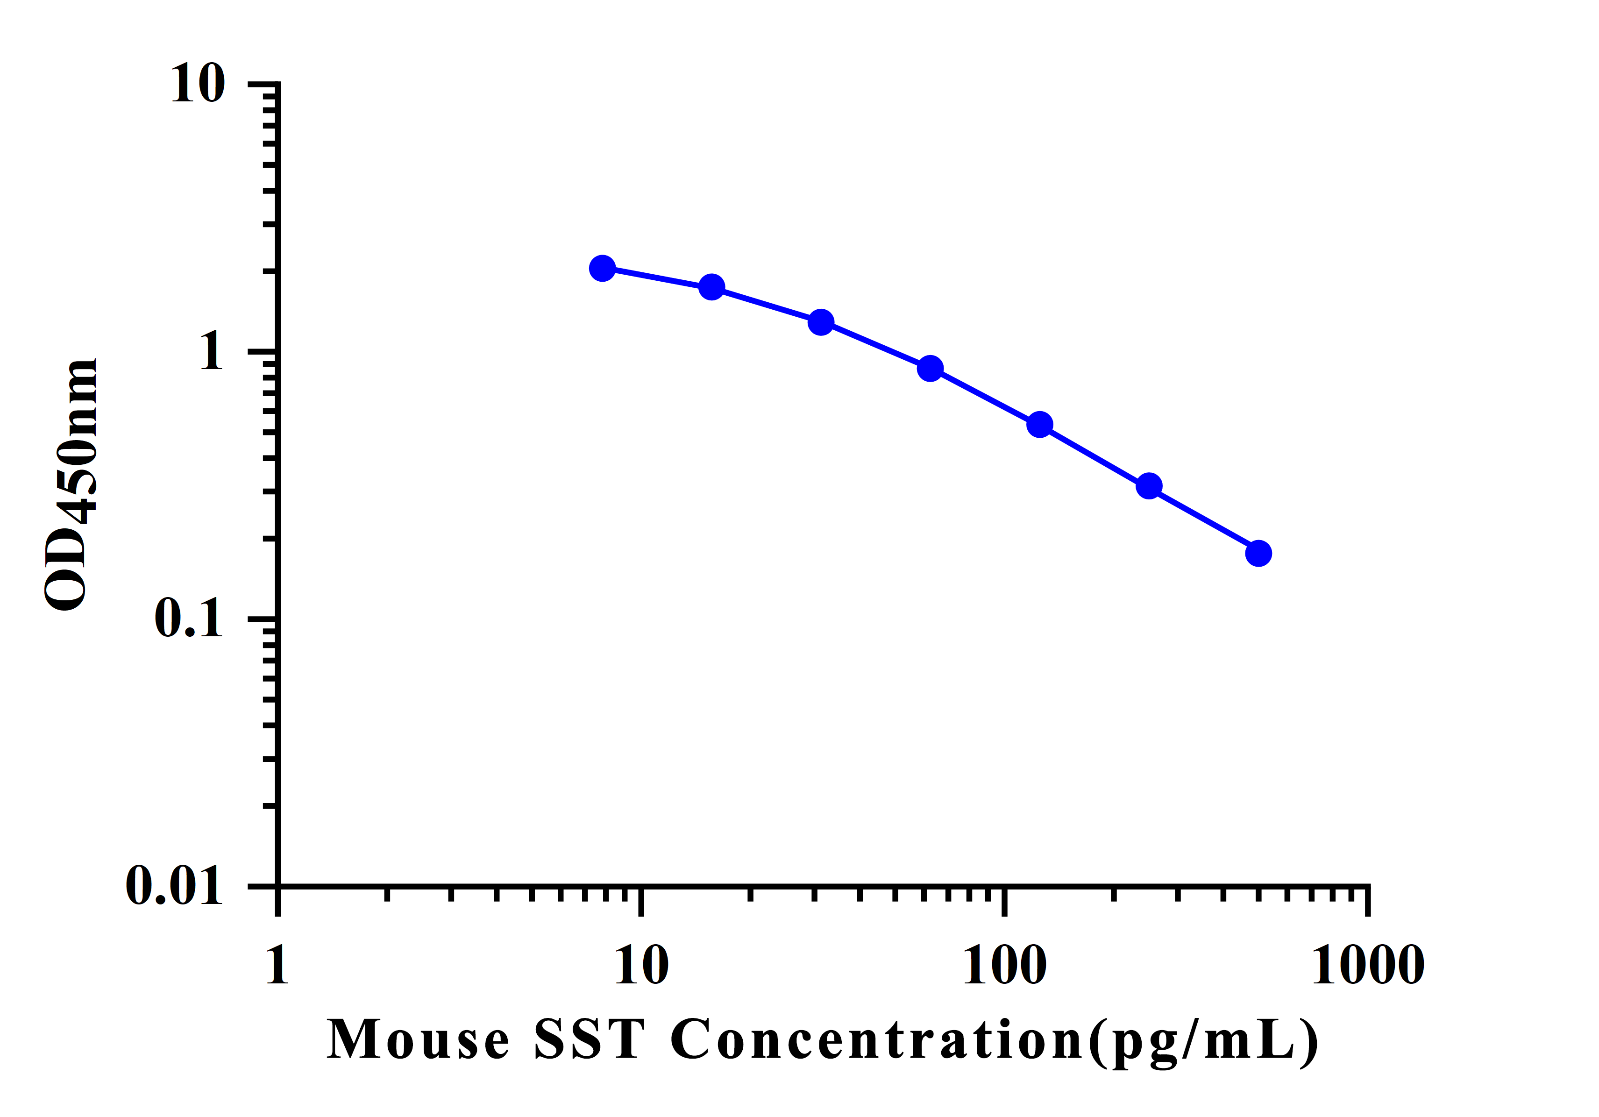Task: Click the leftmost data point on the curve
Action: [x=603, y=268]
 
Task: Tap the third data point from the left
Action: [x=821, y=322]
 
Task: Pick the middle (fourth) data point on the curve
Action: [x=931, y=369]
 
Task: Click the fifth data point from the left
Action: [x=1040, y=424]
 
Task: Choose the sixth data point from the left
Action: [x=1149, y=486]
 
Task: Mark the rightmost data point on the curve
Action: [x=1258, y=554]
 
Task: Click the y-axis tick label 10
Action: [x=198, y=84]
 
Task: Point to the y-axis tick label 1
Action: [x=212, y=352]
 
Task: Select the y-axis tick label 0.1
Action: [x=189, y=618]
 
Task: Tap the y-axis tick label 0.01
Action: [x=174, y=886]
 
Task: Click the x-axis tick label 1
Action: [x=277, y=966]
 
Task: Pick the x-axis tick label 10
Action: [x=641, y=966]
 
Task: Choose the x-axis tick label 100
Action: [x=1004, y=966]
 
